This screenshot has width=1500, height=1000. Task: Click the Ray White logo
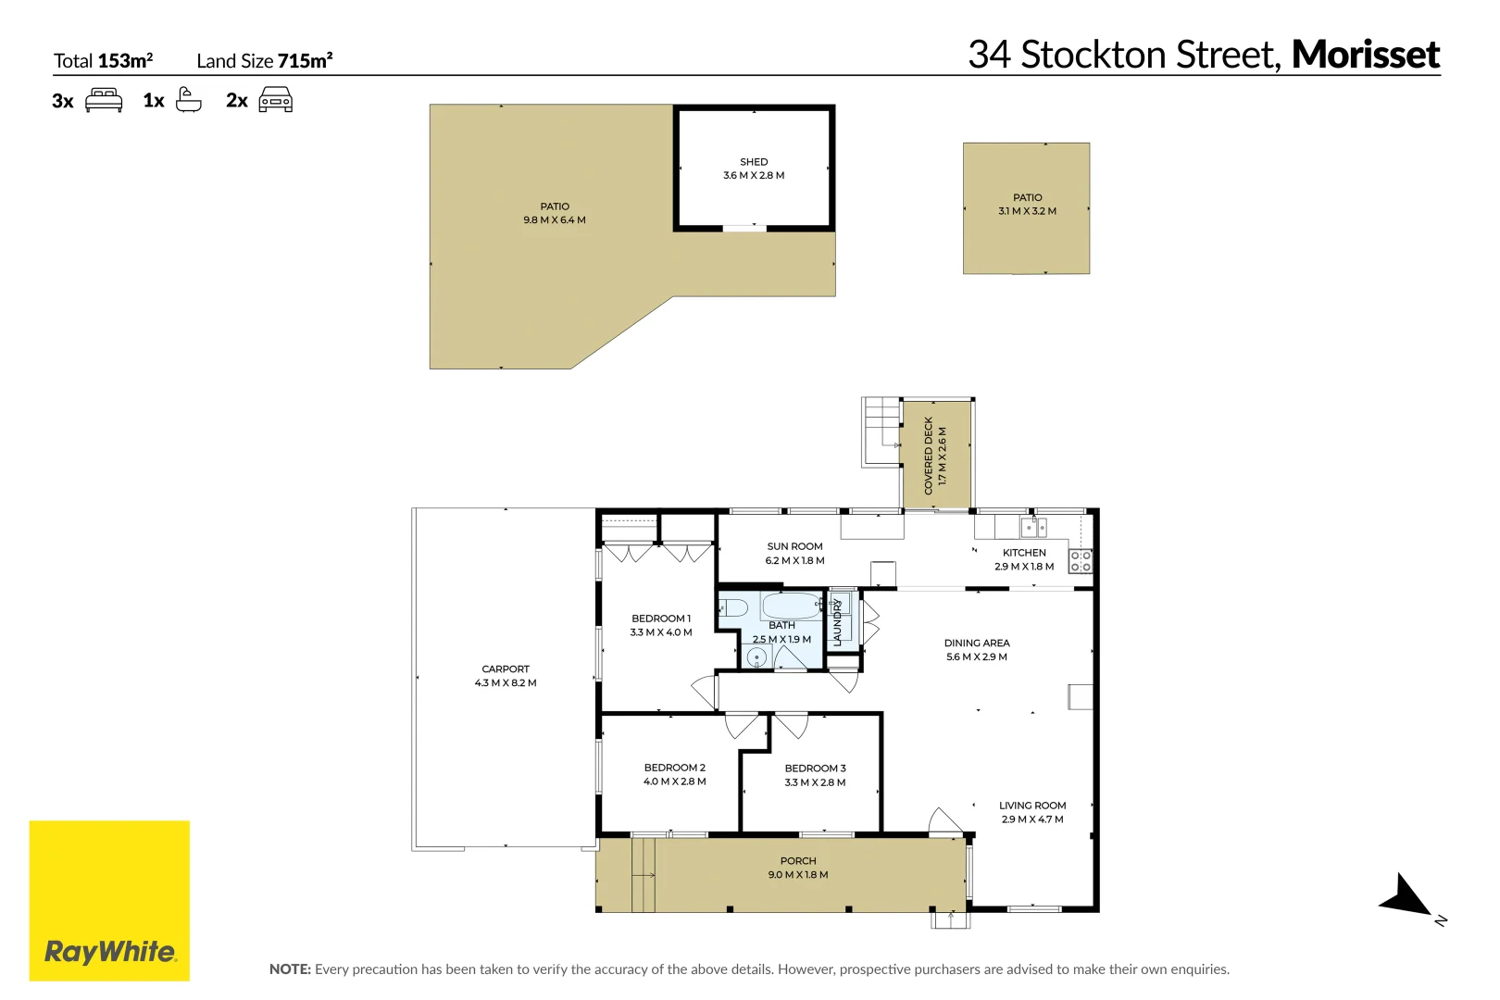[109, 900]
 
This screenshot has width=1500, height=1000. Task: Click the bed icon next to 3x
[104, 100]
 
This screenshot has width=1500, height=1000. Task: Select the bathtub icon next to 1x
[189, 99]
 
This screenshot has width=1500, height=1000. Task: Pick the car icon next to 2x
[276, 99]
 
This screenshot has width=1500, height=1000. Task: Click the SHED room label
[754, 162]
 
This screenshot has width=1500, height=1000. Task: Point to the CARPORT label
[506, 669]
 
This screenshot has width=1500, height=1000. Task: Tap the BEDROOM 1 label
[661, 619]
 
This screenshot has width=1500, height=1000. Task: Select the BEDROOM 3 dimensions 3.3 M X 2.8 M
[815, 782]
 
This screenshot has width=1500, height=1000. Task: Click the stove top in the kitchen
[1081, 560]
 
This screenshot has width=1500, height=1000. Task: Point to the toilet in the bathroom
[733, 608]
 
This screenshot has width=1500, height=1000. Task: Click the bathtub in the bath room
[792, 606]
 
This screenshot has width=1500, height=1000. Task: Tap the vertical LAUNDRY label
[838, 622]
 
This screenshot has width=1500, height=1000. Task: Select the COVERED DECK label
[929, 455]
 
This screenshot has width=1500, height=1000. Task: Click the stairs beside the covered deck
[881, 431]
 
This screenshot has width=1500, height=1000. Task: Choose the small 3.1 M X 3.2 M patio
[1026, 208]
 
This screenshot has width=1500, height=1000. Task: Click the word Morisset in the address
[1366, 55]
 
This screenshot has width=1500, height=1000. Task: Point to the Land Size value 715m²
[305, 61]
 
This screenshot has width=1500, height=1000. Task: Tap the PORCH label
[798, 861]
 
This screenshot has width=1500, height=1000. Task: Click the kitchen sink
[1033, 528]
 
